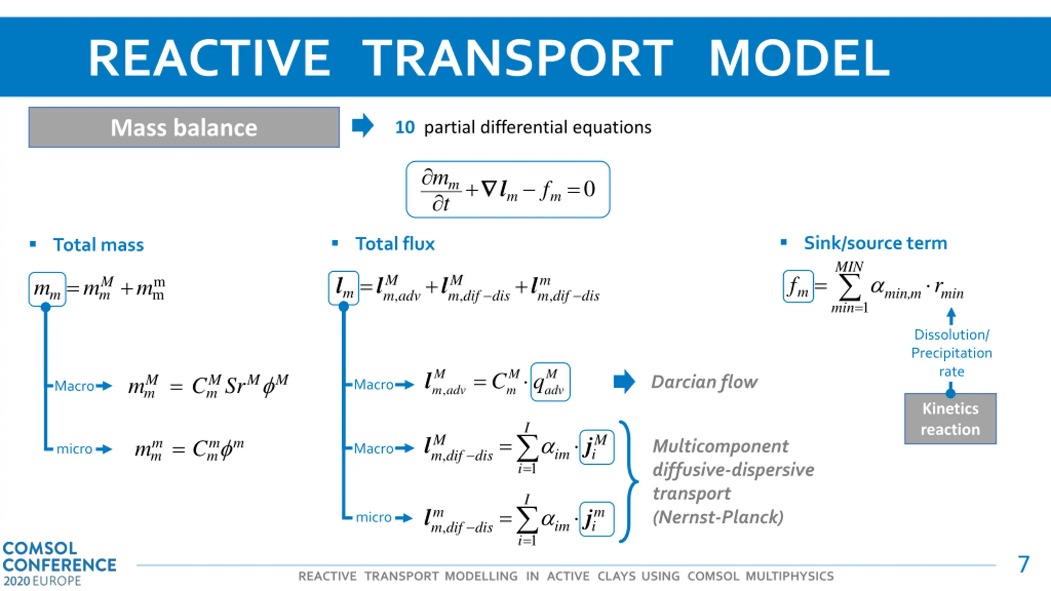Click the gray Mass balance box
pyautogui.click(x=184, y=127)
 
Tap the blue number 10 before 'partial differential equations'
pyautogui.click(x=405, y=127)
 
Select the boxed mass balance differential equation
pyautogui.click(x=508, y=189)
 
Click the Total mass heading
pyautogui.click(x=99, y=245)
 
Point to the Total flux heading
pyautogui.click(x=395, y=244)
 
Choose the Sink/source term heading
pyautogui.click(x=875, y=243)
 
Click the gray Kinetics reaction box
pyautogui.click(x=950, y=419)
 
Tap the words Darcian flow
pyautogui.click(x=704, y=382)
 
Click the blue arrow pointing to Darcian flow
pyautogui.click(x=624, y=381)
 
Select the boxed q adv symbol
pyautogui.click(x=550, y=382)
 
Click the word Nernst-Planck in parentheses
pyautogui.click(x=718, y=517)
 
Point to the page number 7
pyautogui.click(x=1023, y=564)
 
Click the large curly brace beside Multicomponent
pyautogui.click(x=628, y=481)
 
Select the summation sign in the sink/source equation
pyautogui.click(x=849, y=288)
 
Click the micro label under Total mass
pyautogui.click(x=74, y=449)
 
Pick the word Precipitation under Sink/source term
pyautogui.click(x=951, y=353)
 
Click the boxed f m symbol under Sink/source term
pyautogui.click(x=798, y=286)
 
